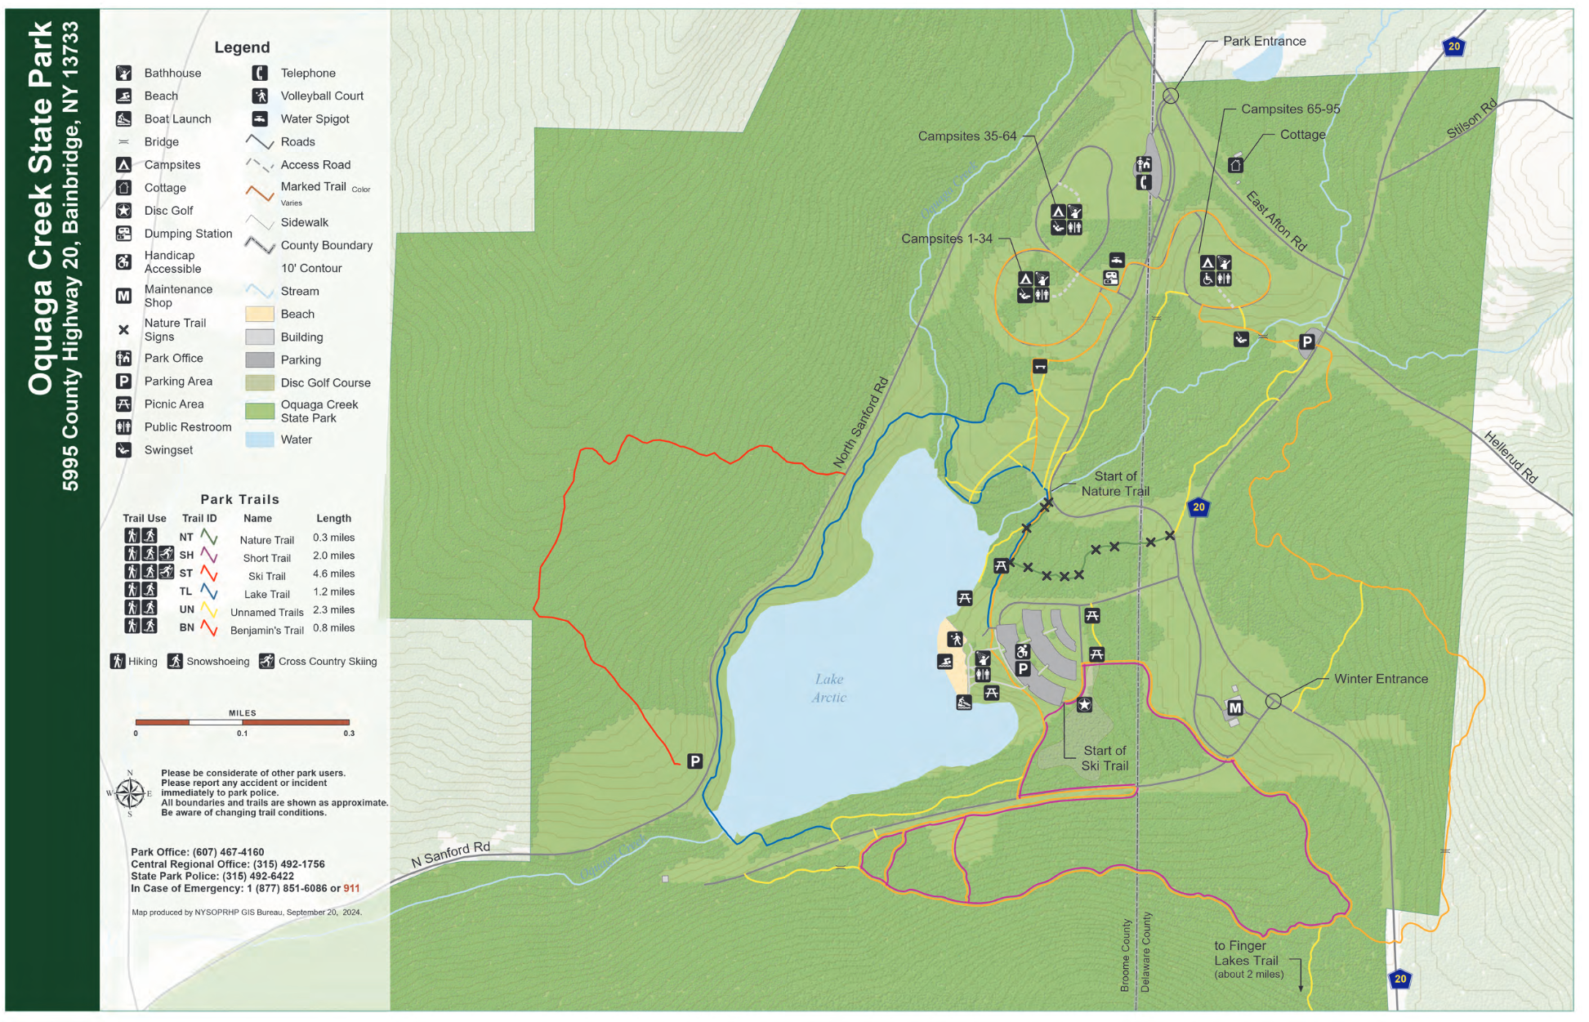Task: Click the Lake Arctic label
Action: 828,688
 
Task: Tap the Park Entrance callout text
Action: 1264,42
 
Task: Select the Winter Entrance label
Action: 1381,679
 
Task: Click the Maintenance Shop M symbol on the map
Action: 1235,708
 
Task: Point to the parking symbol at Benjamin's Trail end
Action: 694,761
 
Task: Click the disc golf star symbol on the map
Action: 1084,704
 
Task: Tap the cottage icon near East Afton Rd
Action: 1235,165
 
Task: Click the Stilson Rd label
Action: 1471,119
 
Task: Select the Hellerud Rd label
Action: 1511,457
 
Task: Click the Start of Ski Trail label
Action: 1105,758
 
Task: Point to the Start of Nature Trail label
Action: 1115,484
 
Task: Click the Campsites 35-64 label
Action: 966,136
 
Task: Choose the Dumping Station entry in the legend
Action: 188,234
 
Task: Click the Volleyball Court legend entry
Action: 322,96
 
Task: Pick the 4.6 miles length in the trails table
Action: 333,574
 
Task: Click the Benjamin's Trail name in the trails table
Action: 266,631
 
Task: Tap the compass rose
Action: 129,793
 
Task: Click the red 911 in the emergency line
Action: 351,889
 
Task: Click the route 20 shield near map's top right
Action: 1453,47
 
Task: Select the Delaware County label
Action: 1145,953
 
